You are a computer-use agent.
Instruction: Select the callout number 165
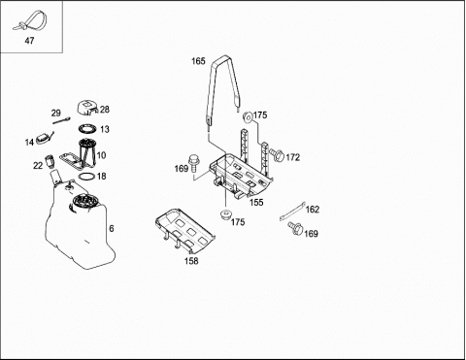[x=198, y=61]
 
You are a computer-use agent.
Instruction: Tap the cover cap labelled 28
[x=87, y=108]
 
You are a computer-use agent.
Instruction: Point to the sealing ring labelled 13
[x=87, y=129]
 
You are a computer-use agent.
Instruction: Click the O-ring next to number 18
[x=86, y=177]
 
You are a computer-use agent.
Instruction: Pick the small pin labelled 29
[x=61, y=120]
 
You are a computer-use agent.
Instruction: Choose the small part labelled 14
[x=44, y=139]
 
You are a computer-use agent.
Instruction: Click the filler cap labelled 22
[x=50, y=161]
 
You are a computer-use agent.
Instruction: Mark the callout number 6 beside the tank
[x=112, y=229]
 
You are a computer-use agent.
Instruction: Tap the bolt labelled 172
[x=277, y=155]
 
